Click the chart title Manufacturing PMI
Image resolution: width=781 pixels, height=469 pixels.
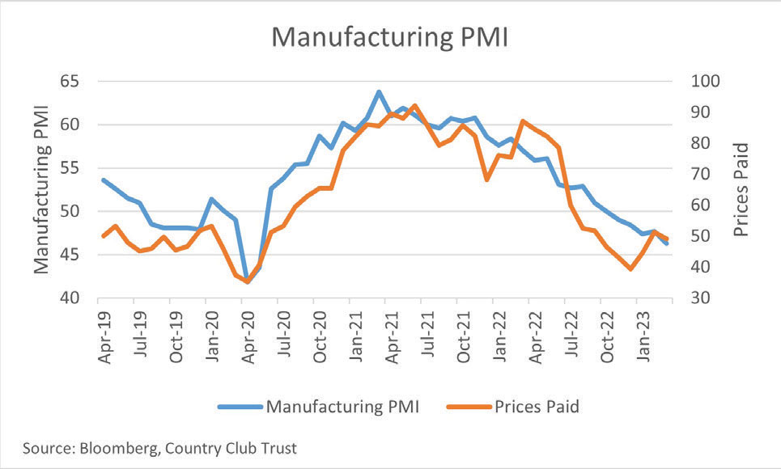coord(389,37)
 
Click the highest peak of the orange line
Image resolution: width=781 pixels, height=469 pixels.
coord(414,105)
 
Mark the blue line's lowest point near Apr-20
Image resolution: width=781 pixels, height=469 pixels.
coord(246,281)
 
